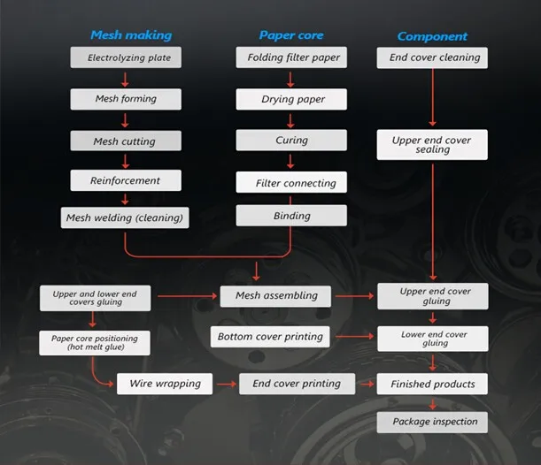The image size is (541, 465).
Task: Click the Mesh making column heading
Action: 130,35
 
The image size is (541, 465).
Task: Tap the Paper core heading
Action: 290,35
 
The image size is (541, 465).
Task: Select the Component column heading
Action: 432,36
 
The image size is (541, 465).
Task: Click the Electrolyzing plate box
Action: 126,58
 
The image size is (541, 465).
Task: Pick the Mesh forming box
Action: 126,99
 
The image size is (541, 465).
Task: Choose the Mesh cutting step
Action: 126,141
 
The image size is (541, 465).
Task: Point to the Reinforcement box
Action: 126,180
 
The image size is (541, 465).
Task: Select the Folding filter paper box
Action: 290,58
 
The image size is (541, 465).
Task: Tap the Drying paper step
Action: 290,99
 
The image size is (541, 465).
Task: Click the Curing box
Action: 290,140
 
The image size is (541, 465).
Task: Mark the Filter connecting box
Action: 290,183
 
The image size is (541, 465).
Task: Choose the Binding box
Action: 290,216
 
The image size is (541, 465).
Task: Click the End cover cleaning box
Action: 433,58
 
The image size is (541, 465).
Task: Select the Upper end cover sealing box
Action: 433,145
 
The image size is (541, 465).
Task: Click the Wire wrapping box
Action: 165,384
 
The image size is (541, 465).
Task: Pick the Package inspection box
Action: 434,422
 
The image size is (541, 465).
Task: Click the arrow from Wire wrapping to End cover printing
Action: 226,385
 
